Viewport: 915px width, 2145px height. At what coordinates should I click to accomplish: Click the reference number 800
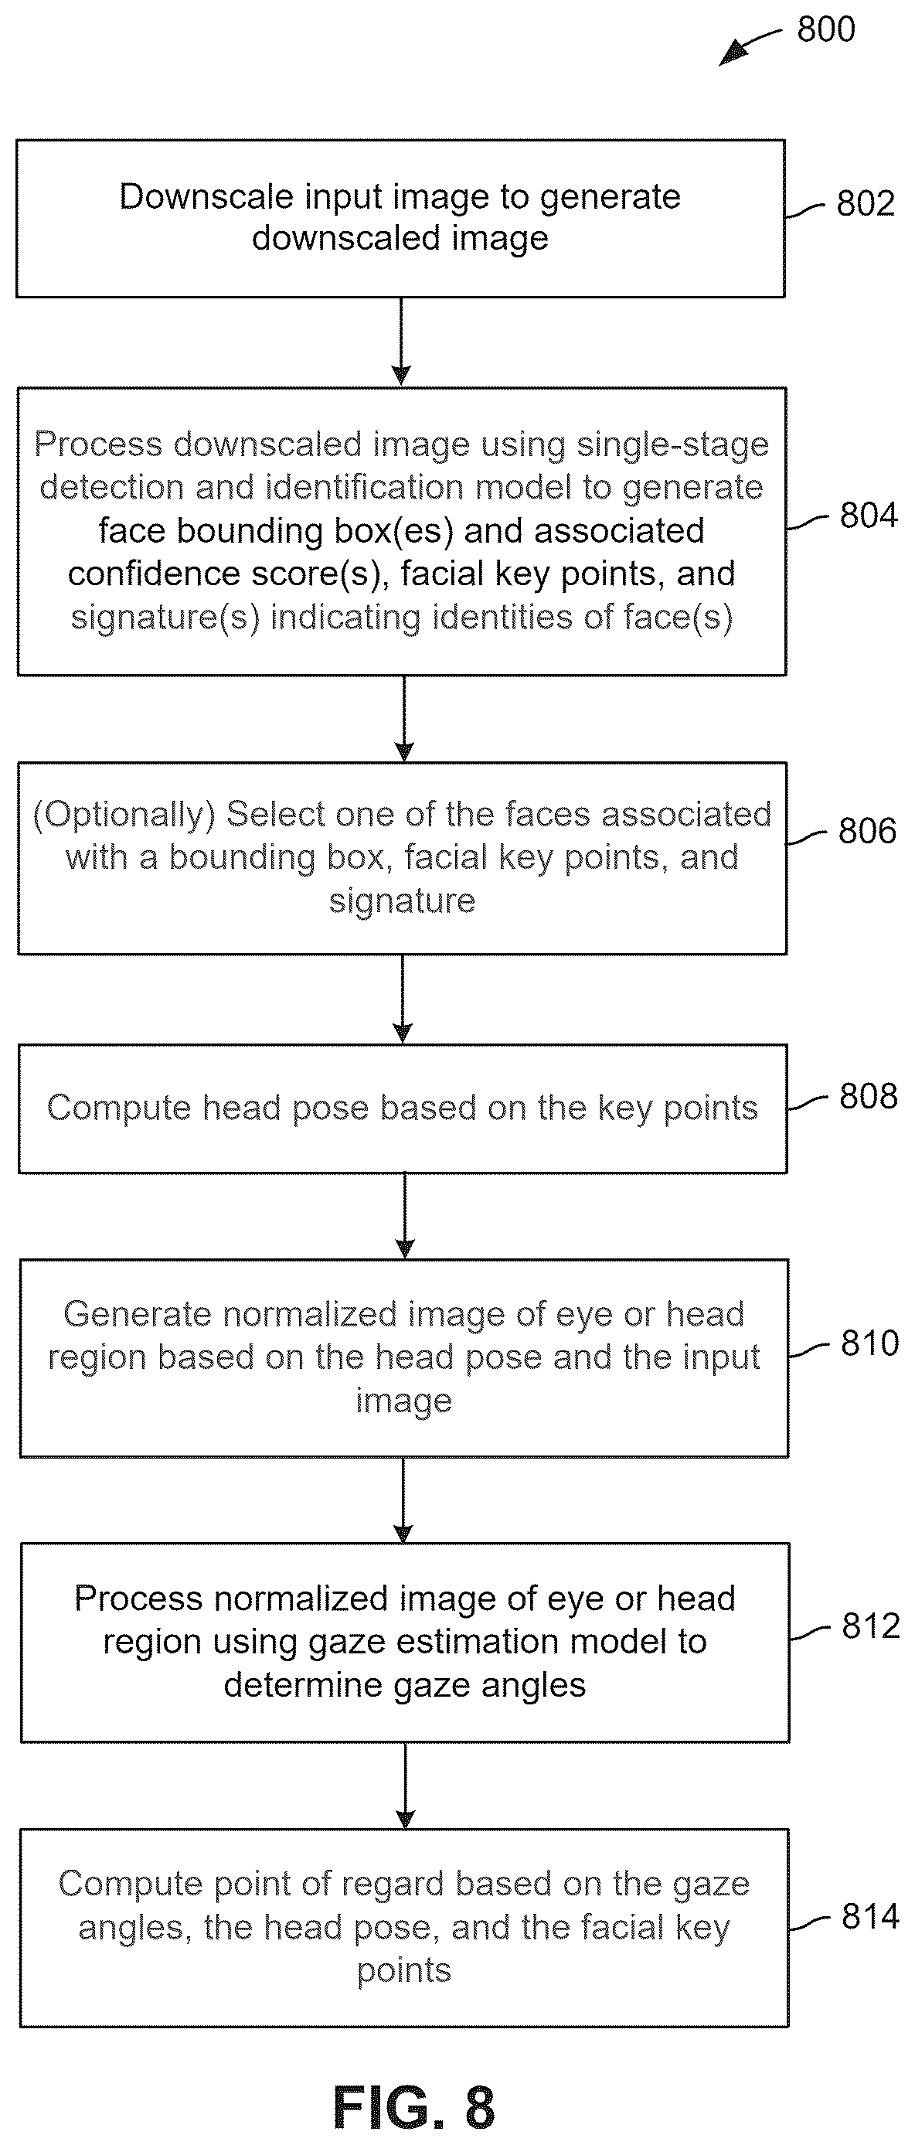[826, 29]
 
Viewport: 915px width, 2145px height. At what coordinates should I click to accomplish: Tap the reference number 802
[865, 203]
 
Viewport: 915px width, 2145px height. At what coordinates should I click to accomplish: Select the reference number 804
[869, 515]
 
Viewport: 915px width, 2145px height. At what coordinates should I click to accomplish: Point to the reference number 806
[867, 830]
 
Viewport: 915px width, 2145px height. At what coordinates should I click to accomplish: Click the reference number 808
[869, 1096]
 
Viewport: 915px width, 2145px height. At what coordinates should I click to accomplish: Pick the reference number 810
[870, 1343]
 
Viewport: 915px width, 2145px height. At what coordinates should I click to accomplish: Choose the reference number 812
[871, 1626]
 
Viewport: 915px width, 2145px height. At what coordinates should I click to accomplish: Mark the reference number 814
[871, 1916]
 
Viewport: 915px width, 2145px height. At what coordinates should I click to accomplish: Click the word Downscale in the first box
[206, 197]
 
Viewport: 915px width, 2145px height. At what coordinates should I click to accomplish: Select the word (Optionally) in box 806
[124, 815]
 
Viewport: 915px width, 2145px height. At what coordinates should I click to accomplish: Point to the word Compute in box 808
[119, 1109]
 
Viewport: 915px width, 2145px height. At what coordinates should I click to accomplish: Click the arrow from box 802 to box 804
[401, 342]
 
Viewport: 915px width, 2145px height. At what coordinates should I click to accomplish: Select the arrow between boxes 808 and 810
[405, 1216]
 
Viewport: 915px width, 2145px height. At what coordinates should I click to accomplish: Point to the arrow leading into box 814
[406, 1786]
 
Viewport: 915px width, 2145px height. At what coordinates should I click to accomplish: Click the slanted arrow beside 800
[750, 47]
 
